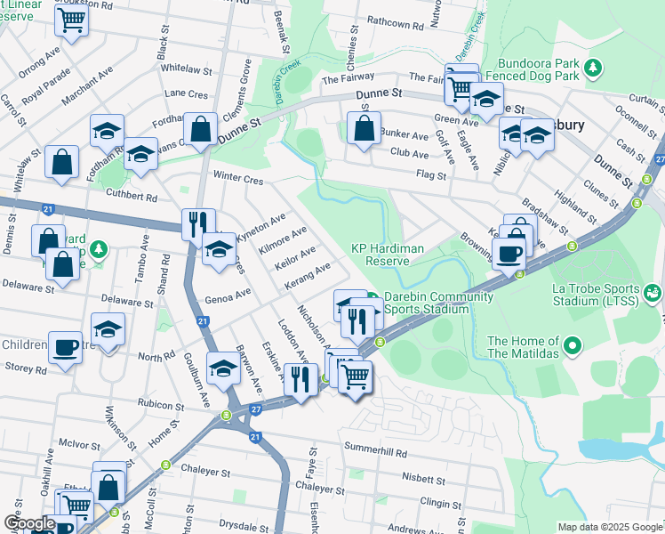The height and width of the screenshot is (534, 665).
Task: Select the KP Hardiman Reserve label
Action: tap(387, 255)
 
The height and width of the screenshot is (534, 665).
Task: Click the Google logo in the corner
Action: tap(29, 523)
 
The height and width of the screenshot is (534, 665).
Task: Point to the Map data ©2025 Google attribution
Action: tap(610, 527)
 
